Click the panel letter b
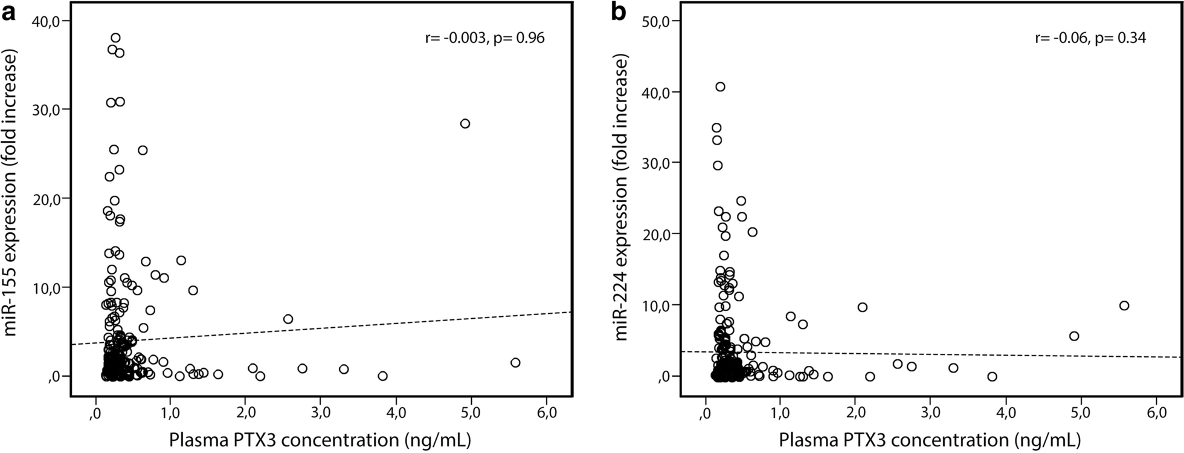coord(619,12)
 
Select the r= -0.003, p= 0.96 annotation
coord(484,39)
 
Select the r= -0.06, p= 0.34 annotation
coord(1090,39)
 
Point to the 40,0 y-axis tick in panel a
coord(49,21)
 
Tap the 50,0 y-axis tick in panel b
coord(658,21)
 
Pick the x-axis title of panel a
coord(320,438)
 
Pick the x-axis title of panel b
coord(930,438)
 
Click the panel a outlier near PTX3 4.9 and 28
coord(465,123)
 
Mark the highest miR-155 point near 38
coord(115,37)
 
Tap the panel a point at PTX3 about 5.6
coord(515,362)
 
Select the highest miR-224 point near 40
coord(720,86)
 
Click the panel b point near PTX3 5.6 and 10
coord(1124,305)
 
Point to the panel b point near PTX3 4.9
coord(1074,336)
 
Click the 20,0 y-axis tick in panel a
coord(49,198)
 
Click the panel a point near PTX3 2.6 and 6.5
coord(288,319)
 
